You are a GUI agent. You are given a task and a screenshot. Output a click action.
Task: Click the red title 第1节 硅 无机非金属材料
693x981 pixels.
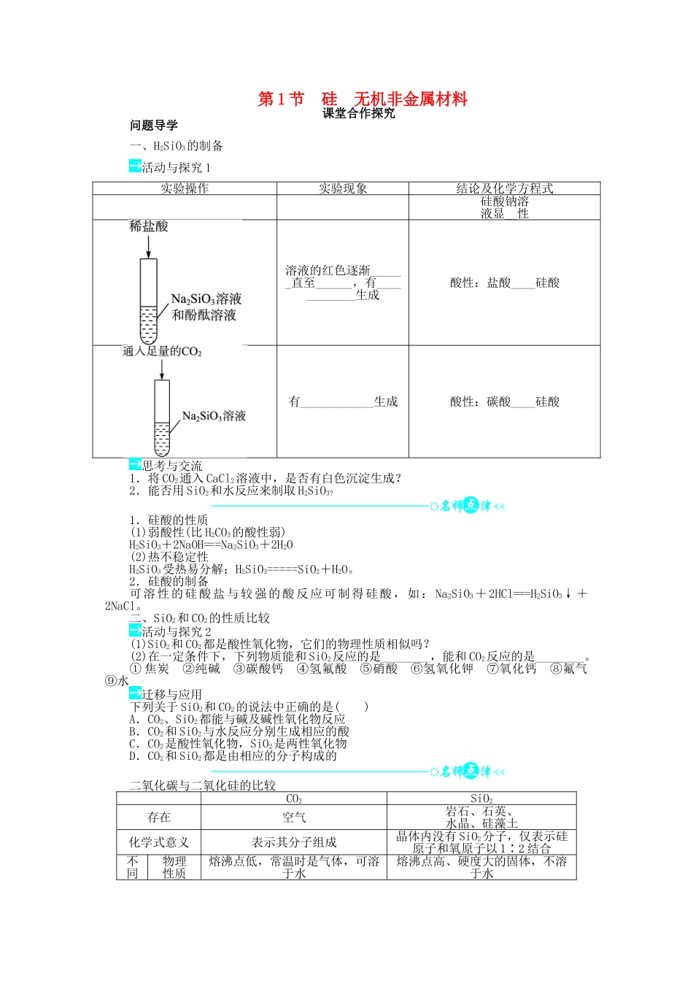tap(363, 99)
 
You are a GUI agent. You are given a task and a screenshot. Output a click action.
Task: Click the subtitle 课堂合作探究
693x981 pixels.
tap(358, 113)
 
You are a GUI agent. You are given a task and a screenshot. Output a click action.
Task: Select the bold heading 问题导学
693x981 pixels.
tap(154, 126)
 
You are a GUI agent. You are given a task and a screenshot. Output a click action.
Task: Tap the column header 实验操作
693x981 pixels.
tap(185, 188)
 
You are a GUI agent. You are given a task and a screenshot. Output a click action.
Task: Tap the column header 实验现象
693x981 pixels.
tap(343, 188)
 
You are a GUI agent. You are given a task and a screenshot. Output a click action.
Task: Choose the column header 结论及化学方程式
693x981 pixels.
tap(505, 188)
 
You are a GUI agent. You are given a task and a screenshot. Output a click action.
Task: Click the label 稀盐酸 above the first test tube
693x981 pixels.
tap(149, 226)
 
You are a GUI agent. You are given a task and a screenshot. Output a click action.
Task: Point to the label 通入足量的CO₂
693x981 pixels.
tap(162, 352)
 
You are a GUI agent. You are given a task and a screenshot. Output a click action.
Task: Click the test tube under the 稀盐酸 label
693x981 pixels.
tap(148, 301)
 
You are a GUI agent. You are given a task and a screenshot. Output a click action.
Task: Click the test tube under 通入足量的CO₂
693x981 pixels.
tap(162, 418)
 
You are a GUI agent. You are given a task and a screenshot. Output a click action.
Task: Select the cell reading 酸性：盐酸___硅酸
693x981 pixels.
tap(505, 282)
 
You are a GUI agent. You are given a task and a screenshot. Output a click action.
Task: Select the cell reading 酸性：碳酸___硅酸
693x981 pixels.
tap(505, 401)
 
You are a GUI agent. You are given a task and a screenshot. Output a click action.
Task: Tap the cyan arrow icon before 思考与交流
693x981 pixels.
tap(135, 465)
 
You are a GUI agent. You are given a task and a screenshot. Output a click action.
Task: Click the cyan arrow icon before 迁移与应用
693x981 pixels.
tap(135, 693)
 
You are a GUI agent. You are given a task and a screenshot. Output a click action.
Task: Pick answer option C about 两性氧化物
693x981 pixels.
tap(238, 743)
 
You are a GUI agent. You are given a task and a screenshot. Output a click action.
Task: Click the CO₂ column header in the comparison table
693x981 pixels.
tap(294, 799)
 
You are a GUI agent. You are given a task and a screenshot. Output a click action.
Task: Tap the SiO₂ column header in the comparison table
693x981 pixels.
tap(481, 799)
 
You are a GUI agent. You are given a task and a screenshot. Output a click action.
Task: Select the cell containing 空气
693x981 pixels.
tap(294, 817)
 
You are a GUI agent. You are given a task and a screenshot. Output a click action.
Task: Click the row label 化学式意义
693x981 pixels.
tap(159, 842)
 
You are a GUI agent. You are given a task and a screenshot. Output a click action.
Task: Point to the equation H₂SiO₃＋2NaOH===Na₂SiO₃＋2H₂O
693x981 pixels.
tap(212, 545)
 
